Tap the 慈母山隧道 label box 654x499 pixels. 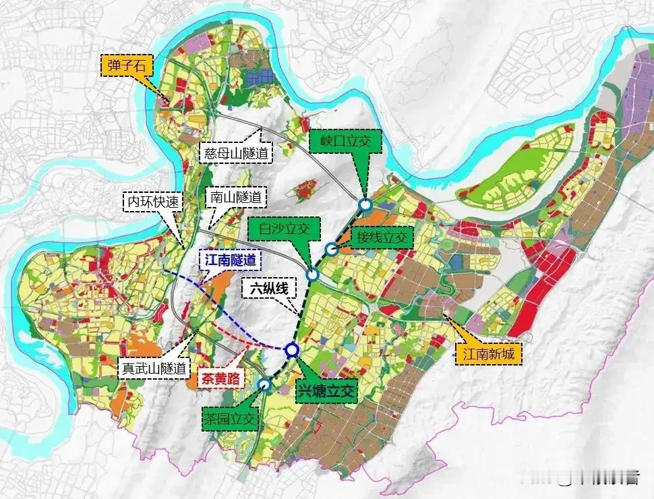click(x=237, y=153)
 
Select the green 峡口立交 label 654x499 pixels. click(x=346, y=142)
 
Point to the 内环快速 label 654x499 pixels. click(x=152, y=201)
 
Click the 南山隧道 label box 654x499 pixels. click(x=235, y=198)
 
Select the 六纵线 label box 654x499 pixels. click(x=269, y=289)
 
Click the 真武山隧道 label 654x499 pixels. click(x=153, y=368)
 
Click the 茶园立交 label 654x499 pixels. click(x=230, y=419)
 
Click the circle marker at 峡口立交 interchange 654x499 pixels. click(x=365, y=204)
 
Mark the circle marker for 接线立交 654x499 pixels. click(x=331, y=249)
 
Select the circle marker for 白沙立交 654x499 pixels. click(x=312, y=274)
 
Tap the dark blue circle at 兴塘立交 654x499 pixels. click(x=291, y=349)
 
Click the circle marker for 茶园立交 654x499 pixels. click(x=265, y=385)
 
